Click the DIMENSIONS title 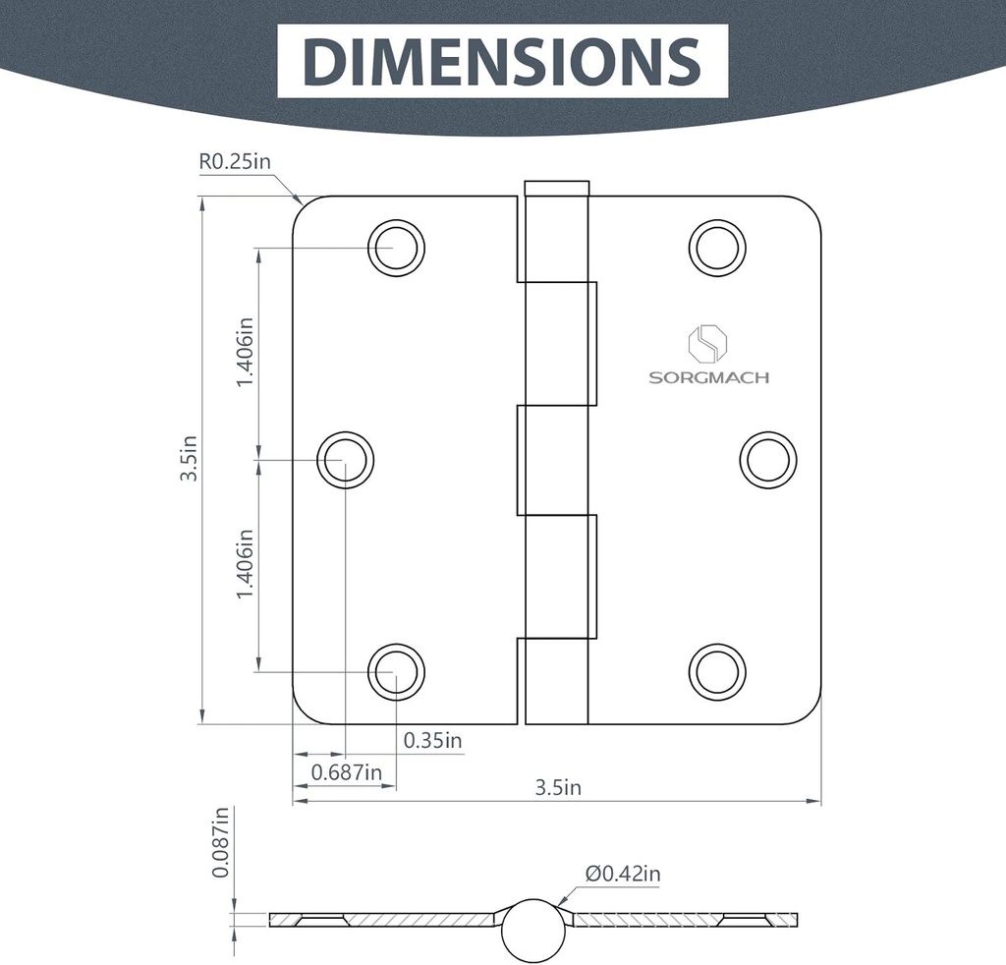pos(502,61)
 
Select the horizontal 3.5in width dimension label pos(558,787)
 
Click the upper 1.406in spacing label pos(246,351)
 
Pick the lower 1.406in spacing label pos(246,565)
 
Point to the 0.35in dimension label pos(432,740)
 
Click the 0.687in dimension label pos(346,772)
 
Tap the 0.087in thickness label pos(221,842)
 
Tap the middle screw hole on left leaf pos(346,459)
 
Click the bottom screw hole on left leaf pos(396,672)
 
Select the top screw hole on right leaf pos(717,248)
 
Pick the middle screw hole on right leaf pos(768,459)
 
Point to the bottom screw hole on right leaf pos(717,672)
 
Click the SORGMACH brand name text pos(708,377)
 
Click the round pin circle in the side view pos(533,929)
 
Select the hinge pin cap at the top pos(557,189)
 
